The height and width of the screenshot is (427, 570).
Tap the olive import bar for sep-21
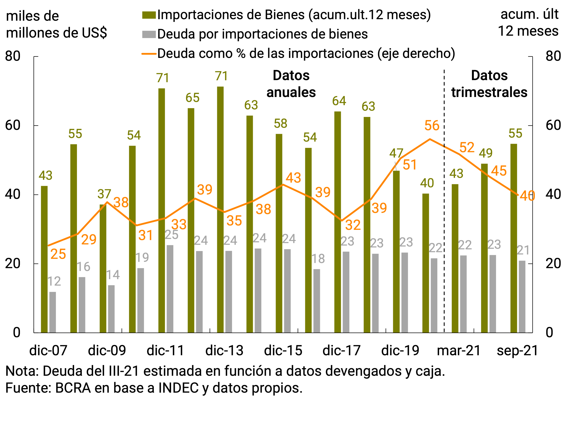(514, 238)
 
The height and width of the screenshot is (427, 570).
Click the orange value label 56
(432, 126)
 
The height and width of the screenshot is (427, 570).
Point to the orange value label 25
(58, 254)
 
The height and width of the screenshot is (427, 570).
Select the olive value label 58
(280, 124)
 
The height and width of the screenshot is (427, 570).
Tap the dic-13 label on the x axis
(224, 350)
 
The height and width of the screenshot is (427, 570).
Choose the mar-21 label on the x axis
(459, 350)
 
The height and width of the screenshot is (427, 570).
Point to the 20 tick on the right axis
(553, 264)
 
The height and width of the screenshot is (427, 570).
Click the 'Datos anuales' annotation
(291, 84)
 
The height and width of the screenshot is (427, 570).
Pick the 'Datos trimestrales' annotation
(489, 84)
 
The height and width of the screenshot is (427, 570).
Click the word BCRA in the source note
(73, 388)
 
